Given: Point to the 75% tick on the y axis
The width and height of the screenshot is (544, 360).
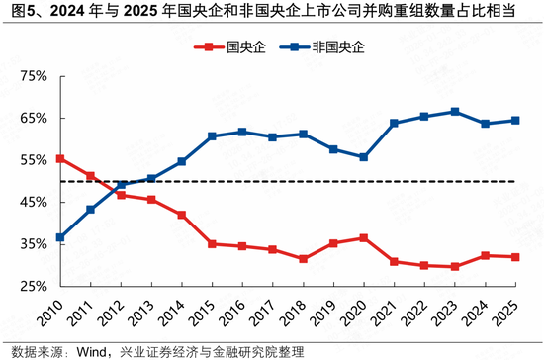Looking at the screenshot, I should tap(34, 76).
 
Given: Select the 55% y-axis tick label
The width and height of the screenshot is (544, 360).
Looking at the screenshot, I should tap(34, 160).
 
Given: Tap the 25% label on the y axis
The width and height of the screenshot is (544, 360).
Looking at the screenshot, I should tap(34, 286).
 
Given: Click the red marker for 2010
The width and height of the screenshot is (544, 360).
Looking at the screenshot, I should tap(60, 158).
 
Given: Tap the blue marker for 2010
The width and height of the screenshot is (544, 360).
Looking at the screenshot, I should tap(60, 237).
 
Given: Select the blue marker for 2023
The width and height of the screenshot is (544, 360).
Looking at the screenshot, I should tap(455, 112).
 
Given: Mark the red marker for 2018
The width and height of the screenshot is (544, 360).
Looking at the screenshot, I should tap(304, 259).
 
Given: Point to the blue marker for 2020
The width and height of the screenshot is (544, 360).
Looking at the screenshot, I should tap(364, 157).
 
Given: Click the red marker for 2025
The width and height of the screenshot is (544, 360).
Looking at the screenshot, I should tap(515, 257).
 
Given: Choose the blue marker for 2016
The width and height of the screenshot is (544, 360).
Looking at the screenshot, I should tap(242, 132).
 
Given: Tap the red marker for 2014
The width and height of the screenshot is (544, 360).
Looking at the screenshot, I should tap(182, 215).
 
